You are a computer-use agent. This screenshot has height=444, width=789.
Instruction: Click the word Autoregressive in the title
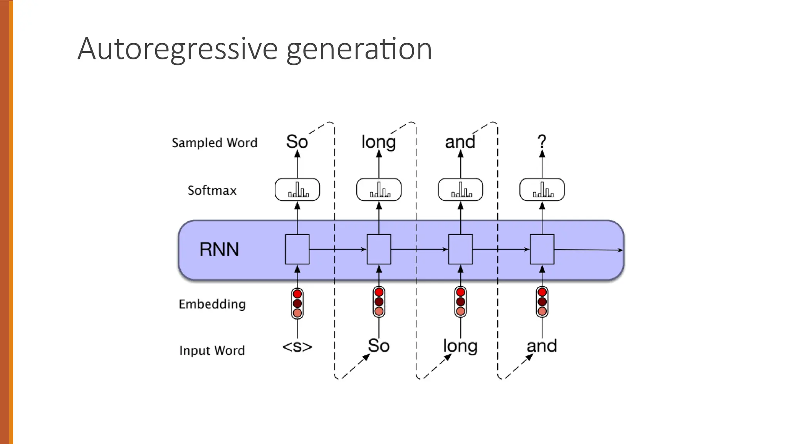(178, 49)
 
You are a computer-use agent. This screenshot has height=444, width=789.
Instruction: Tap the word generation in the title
(359, 49)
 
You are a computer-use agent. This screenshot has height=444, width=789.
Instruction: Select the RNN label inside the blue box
(219, 249)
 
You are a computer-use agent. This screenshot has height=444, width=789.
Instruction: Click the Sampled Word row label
(215, 143)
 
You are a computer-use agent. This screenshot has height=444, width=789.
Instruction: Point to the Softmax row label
(212, 190)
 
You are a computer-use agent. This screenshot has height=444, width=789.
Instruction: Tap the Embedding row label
(212, 304)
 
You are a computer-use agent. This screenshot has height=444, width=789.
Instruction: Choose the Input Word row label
(212, 350)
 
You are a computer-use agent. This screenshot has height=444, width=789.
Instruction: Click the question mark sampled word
(542, 141)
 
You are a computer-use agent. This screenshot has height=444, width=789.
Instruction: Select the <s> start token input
(297, 346)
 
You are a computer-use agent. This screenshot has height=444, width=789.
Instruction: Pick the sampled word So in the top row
(297, 141)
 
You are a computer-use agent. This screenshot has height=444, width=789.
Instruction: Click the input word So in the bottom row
(379, 345)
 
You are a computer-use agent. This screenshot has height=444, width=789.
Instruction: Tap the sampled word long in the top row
(379, 143)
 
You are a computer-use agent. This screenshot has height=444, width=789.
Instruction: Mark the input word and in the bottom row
(542, 346)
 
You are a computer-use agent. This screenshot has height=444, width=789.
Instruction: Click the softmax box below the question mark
(542, 190)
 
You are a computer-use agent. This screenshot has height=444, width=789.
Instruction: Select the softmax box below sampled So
(297, 190)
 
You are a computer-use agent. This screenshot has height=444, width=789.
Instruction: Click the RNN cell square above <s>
(297, 249)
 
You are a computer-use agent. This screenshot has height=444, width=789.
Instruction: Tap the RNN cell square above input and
(542, 249)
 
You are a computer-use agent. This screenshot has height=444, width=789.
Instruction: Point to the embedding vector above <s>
(297, 303)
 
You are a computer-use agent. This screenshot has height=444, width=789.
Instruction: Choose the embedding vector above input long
(460, 302)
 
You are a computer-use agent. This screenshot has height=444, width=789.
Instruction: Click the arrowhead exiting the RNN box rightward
(620, 250)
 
